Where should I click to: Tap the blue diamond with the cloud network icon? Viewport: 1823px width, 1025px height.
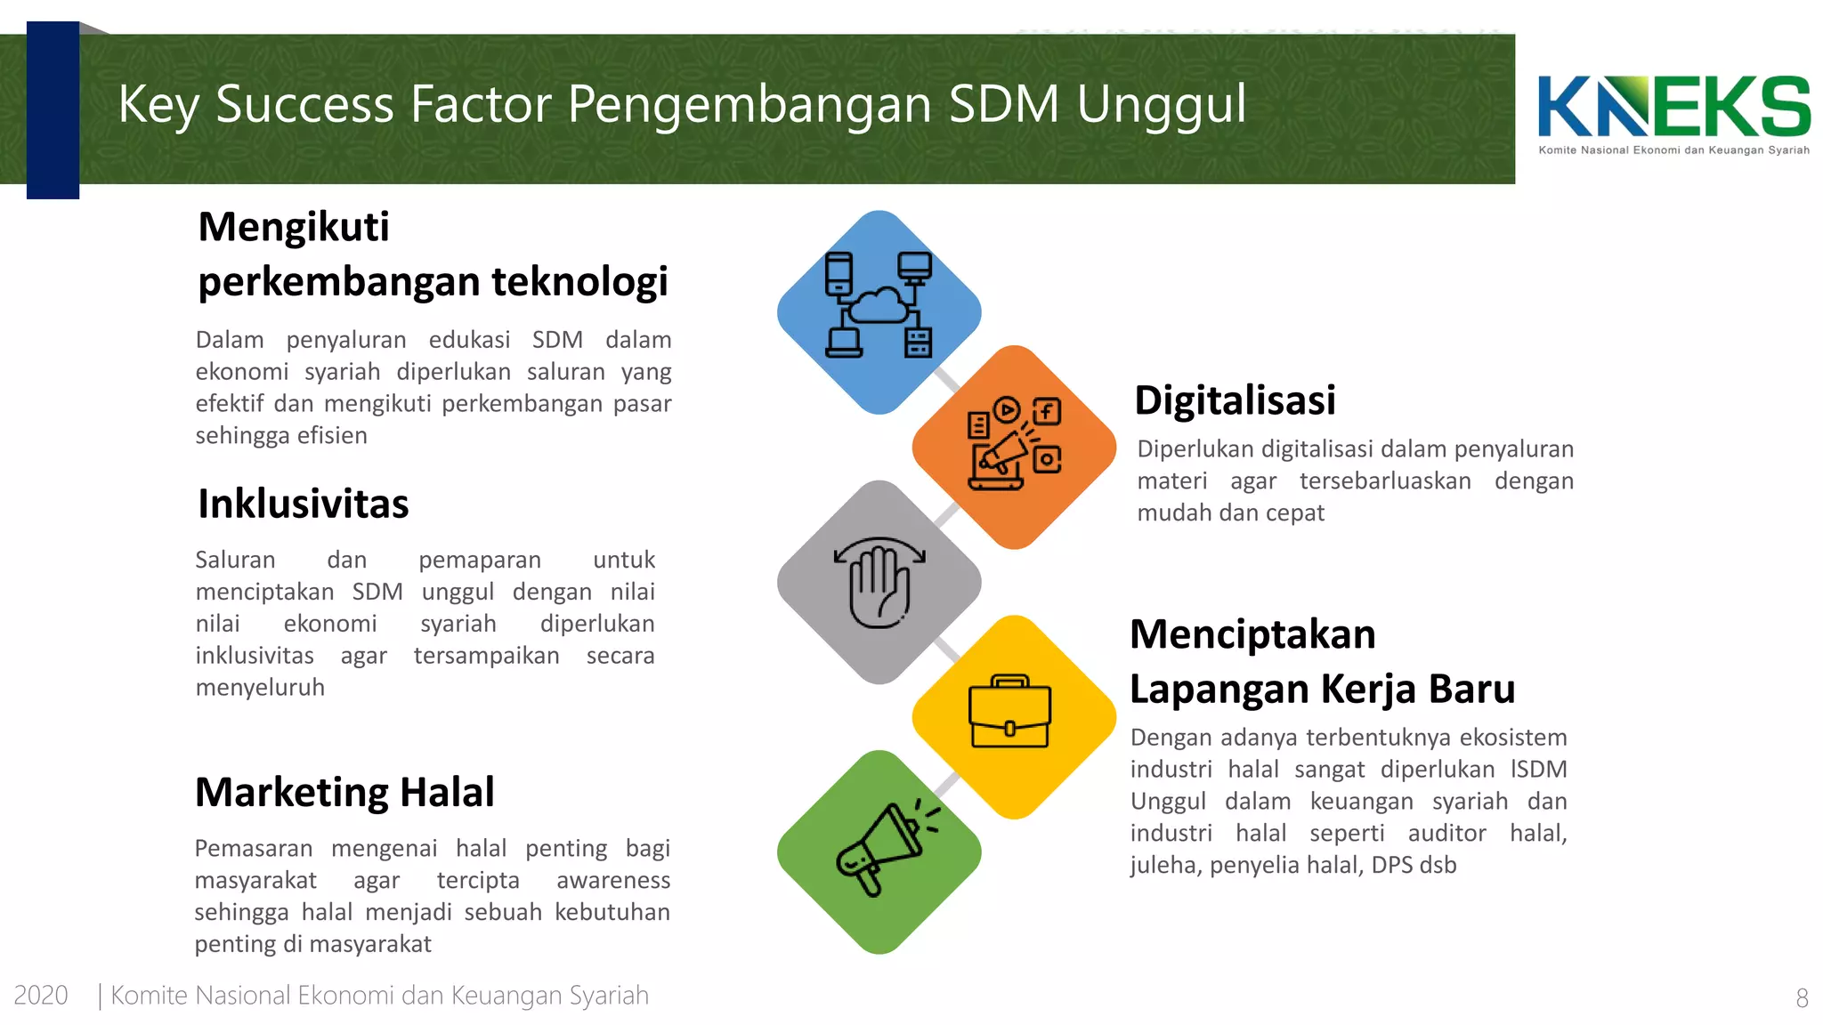[x=879, y=312]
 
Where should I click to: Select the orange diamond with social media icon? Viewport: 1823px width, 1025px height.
[x=1014, y=448]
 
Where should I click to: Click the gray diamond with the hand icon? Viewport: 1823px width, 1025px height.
[x=879, y=583]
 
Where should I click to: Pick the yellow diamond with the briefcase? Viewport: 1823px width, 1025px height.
[x=1014, y=717]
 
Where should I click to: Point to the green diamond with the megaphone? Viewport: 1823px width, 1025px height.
[x=879, y=852]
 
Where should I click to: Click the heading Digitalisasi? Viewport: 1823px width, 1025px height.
[x=1235, y=400]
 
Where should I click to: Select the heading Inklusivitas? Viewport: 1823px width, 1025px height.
[x=304, y=504]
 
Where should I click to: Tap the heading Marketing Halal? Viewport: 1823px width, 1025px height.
[x=344, y=792]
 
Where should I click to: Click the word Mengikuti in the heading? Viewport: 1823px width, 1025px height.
[x=294, y=228]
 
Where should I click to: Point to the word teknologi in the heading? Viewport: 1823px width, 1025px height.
[x=579, y=281]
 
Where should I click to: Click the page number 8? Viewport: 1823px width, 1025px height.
[x=1802, y=998]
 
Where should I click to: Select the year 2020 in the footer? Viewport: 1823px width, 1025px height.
[x=41, y=995]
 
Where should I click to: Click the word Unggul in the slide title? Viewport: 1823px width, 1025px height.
[x=1162, y=105]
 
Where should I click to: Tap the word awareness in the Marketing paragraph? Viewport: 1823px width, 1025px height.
[x=613, y=880]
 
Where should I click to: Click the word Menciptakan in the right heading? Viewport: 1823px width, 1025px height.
[x=1252, y=634]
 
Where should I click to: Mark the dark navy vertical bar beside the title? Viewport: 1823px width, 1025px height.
[x=53, y=110]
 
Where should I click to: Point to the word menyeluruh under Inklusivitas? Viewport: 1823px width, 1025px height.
[x=260, y=687]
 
